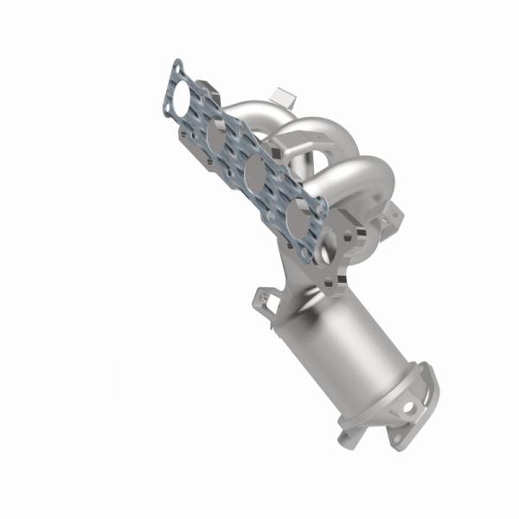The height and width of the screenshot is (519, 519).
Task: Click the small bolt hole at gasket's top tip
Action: pos(176,66)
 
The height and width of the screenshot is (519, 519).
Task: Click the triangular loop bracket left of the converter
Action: pos(265,298)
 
